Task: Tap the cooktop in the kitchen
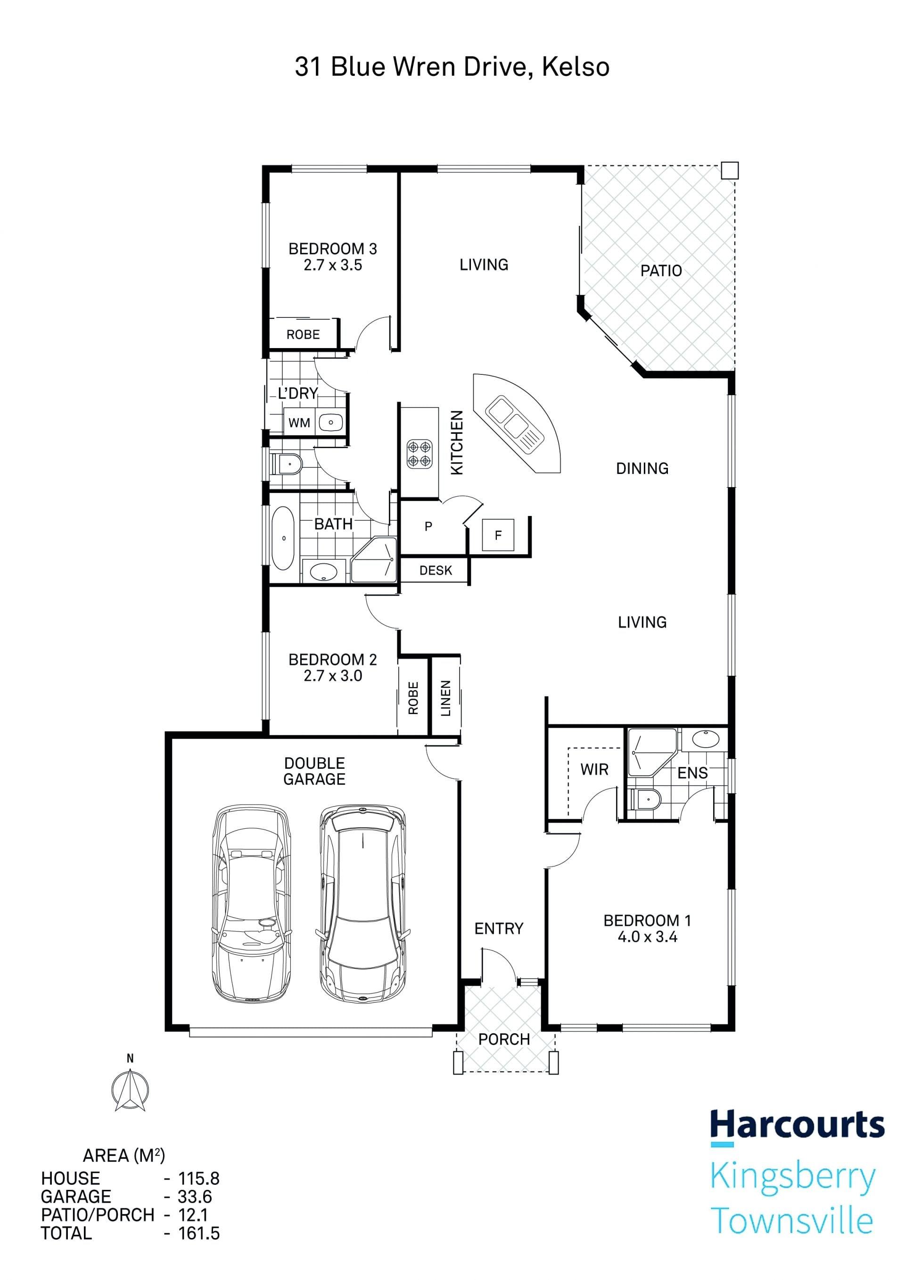(419, 454)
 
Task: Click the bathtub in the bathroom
(284, 538)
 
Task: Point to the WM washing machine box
(300, 423)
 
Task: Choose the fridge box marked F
(498, 535)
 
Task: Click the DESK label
(436, 570)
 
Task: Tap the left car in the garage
(252, 903)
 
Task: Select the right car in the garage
(363, 903)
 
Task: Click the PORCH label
(504, 1039)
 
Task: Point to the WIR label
(594, 769)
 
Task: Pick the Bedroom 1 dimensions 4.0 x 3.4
(647, 937)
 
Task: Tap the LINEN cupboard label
(446, 698)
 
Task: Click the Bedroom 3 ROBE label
(303, 334)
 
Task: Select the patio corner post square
(730, 170)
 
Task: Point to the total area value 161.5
(199, 1233)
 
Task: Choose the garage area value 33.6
(195, 1197)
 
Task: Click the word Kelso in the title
(576, 67)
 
